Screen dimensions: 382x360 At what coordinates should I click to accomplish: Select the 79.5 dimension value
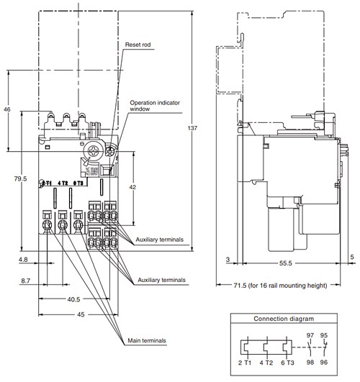pos(20,178)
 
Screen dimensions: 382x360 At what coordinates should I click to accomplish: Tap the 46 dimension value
pos(7,109)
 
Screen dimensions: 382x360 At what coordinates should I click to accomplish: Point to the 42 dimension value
pos(131,186)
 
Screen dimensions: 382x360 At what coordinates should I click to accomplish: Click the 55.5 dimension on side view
pos(287,263)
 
